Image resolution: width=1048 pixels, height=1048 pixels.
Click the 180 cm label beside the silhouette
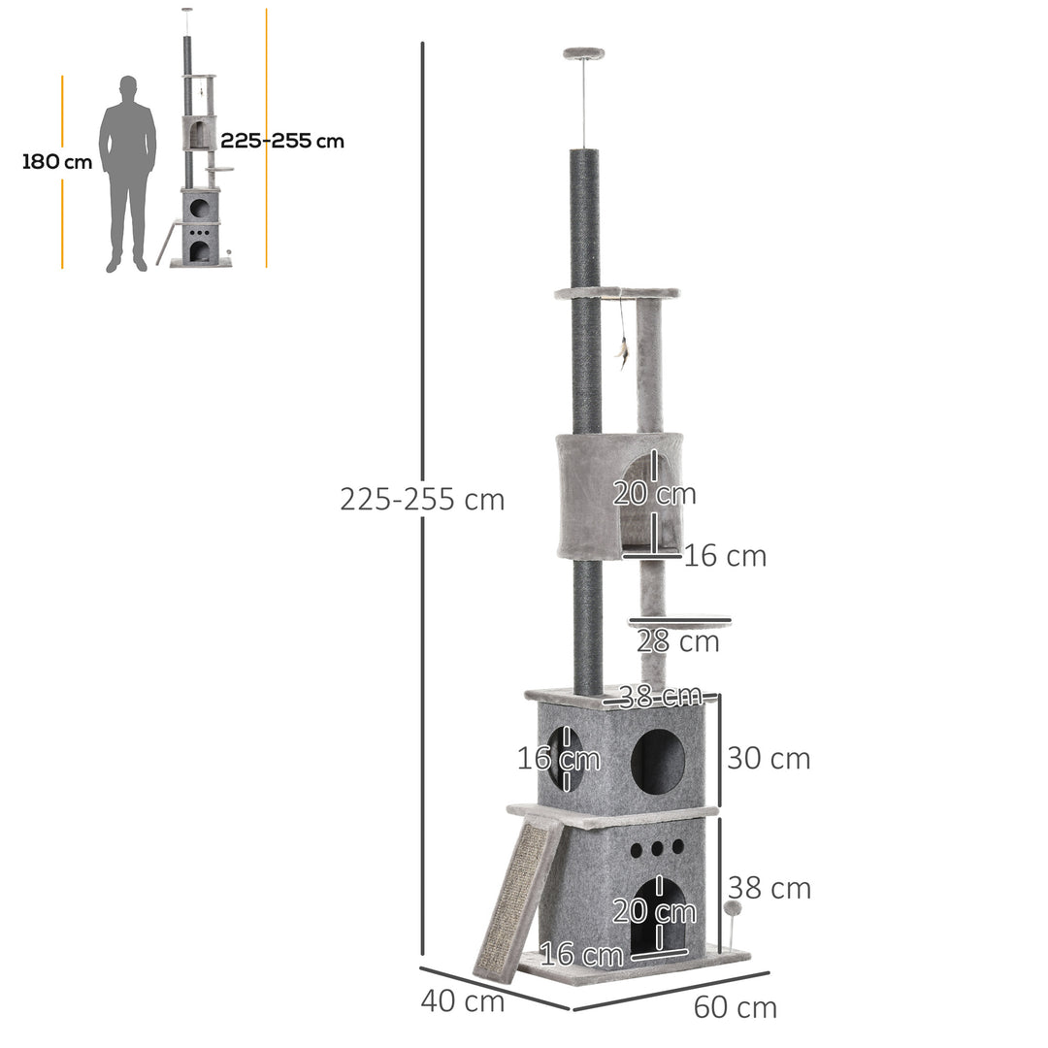[x=57, y=161]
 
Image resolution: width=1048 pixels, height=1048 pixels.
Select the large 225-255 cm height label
[x=422, y=500]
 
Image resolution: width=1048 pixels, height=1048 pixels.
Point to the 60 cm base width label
[x=736, y=1007]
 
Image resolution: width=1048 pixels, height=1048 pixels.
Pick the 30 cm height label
[x=769, y=759]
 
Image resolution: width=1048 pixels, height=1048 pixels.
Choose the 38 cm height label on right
[x=770, y=888]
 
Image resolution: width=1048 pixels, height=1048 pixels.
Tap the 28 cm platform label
[x=678, y=641]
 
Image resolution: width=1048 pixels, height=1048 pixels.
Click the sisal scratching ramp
[x=517, y=899]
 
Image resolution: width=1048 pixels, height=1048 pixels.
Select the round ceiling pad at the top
[x=583, y=53]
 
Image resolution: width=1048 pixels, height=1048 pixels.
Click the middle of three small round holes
[x=657, y=847]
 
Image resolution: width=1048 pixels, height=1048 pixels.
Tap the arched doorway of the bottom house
[x=657, y=917]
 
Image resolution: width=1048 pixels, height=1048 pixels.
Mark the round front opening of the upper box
[x=658, y=761]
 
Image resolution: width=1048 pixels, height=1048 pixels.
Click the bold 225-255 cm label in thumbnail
[x=281, y=141]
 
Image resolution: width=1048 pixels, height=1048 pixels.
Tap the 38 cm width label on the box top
[x=660, y=696]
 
